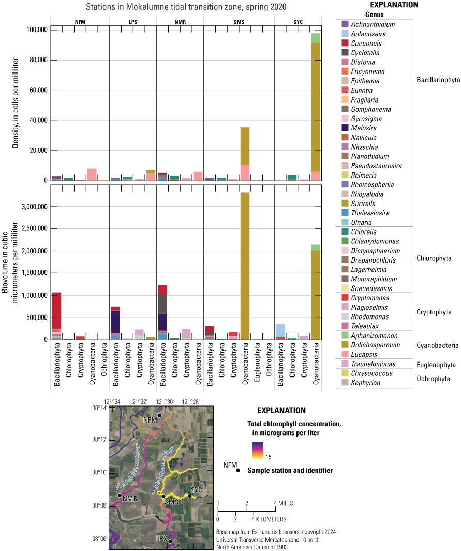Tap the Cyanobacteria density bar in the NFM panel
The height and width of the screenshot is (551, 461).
point(92,175)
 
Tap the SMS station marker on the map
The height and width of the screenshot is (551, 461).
point(163,496)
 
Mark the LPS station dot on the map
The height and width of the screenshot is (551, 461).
point(170,541)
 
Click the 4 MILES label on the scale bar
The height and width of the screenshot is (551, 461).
point(281,503)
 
